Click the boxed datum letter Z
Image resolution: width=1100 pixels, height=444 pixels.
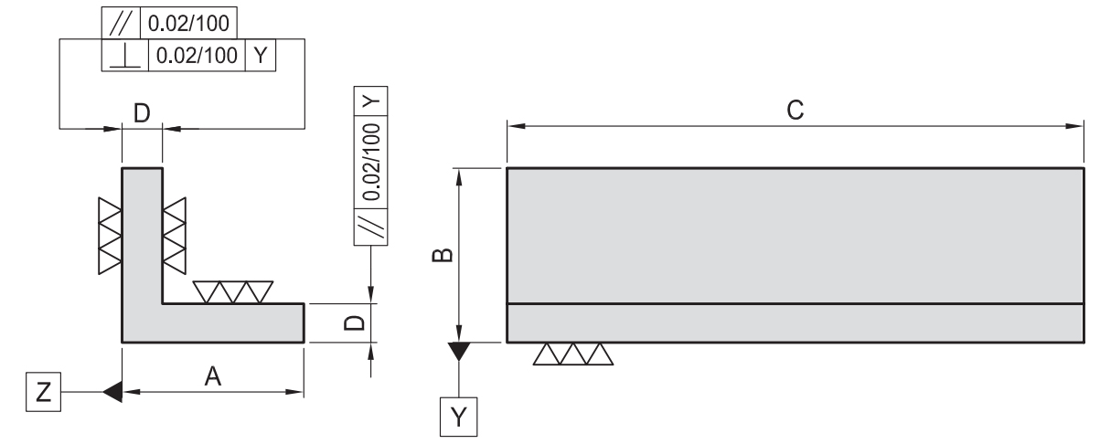pyautogui.click(x=43, y=392)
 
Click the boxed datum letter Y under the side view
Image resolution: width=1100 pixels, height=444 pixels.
pyautogui.click(x=458, y=417)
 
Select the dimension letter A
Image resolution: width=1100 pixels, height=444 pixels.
pyautogui.click(x=213, y=376)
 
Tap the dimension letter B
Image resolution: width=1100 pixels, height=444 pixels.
pyautogui.click(x=443, y=255)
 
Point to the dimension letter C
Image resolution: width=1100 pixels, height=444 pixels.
pyautogui.click(x=795, y=110)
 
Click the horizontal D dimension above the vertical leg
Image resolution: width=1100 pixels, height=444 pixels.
pyautogui.click(x=142, y=113)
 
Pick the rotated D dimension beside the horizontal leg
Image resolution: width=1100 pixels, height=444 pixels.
pyautogui.click(x=355, y=322)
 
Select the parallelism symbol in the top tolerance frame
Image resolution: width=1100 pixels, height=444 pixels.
pyautogui.click(x=121, y=23)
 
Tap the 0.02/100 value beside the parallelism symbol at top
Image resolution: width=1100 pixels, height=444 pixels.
pyautogui.click(x=188, y=24)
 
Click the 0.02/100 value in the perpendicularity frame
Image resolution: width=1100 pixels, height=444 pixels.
pyautogui.click(x=197, y=56)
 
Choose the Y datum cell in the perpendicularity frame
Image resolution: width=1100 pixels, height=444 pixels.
pyautogui.click(x=261, y=56)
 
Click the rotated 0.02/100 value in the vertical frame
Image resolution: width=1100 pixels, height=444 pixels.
pyautogui.click(x=371, y=162)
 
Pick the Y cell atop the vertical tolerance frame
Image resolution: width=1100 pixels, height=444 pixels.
pyautogui.click(x=370, y=101)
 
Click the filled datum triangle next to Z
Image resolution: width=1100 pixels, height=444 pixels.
pyautogui.click(x=112, y=392)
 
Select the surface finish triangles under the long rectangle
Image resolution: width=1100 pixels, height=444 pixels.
pyautogui.click(x=573, y=354)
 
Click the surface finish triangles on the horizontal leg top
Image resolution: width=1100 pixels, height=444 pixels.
pyautogui.click(x=233, y=292)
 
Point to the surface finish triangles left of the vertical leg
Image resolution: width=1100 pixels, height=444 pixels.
pyautogui.click(x=110, y=236)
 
